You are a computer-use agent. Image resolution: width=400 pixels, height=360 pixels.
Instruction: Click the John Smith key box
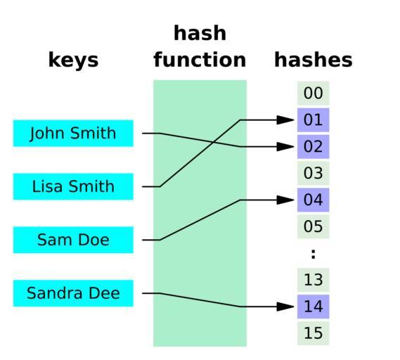click(x=73, y=133)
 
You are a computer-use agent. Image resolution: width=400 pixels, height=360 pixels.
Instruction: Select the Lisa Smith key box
click(x=73, y=186)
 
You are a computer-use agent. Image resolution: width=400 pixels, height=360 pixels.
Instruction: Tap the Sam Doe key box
click(x=73, y=240)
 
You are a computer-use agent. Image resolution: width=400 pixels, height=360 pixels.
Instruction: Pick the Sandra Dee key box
click(x=73, y=293)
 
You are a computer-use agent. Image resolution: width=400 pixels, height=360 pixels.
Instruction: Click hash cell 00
click(x=314, y=93)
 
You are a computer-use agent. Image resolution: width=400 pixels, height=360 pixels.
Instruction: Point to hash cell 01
click(x=314, y=120)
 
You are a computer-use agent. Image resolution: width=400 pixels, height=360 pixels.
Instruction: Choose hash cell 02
click(x=314, y=147)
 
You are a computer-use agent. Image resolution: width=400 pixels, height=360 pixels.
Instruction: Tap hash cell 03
click(x=314, y=173)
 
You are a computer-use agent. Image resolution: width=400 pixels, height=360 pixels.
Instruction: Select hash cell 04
click(x=314, y=200)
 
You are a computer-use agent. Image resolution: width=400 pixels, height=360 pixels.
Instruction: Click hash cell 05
click(x=314, y=226)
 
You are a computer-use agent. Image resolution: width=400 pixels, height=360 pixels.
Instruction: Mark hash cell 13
click(x=314, y=280)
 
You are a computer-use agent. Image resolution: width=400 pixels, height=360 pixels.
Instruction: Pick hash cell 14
click(x=314, y=307)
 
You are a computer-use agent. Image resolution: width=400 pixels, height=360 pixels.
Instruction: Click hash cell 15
click(x=314, y=333)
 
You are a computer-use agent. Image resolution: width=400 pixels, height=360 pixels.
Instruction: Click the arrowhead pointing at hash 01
click(x=285, y=120)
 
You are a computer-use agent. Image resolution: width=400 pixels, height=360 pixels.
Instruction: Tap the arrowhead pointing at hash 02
click(x=285, y=147)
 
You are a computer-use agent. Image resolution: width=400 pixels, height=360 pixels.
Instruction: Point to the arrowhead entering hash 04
click(x=285, y=200)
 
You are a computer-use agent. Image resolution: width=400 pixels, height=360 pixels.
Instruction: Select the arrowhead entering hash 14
click(x=285, y=307)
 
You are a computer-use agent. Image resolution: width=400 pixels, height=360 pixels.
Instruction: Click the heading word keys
click(x=74, y=60)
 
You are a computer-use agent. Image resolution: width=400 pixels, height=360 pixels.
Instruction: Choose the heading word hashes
click(x=314, y=60)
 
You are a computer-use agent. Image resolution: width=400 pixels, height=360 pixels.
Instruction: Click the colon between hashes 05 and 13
click(x=314, y=254)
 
